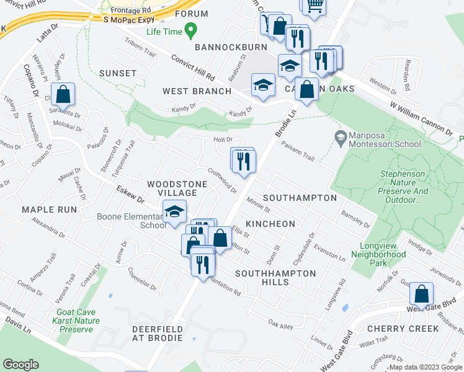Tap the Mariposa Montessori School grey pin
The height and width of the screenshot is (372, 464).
[340, 136]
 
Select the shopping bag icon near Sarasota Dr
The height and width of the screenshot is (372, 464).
[63, 95]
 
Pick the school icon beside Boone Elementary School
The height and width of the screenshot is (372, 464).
[175, 212]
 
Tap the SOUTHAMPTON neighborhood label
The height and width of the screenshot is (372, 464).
[300, 198]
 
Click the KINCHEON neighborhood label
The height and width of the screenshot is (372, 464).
[269, 223]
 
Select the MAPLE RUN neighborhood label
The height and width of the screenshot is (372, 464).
[47, 210]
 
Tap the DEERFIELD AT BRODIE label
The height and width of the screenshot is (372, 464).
[158, 333]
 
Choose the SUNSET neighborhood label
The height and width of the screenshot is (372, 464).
[117, 73]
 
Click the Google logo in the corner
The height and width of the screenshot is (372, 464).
[21, 365]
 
